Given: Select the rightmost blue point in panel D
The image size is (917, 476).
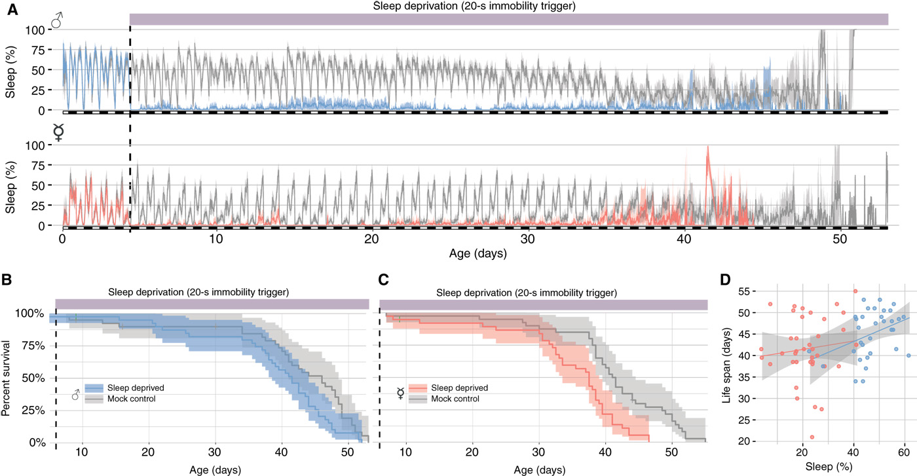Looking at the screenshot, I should (x=908, y=356).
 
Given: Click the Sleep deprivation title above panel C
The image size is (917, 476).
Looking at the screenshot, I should (x=544, y=291).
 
